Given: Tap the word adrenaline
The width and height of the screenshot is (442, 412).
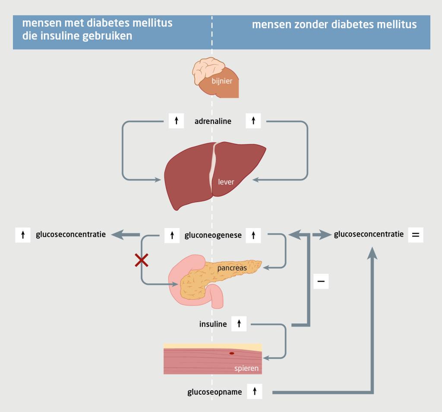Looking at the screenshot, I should (213, 121).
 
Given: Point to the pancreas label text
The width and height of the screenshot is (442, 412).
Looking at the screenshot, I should (235, 268).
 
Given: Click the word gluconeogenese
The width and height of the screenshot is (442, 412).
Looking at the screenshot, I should (213, 235).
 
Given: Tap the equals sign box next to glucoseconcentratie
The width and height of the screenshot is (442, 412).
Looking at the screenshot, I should (415, 235).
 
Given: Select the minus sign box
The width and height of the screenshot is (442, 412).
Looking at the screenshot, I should (321, 281).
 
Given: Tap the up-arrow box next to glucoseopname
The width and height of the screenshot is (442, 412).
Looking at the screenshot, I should (255, 392).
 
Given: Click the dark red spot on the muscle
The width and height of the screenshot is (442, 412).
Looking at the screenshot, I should (232, 353).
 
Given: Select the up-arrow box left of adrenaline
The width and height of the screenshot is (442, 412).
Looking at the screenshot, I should (176, 121).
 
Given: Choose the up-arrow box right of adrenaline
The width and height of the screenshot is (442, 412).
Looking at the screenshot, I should (253, 121).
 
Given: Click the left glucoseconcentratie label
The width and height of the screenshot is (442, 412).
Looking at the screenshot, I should (71, 235).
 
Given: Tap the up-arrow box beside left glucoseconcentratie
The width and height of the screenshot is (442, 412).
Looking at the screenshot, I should (22, 235).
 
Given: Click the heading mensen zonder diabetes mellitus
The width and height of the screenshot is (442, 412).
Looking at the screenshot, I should (334, 25).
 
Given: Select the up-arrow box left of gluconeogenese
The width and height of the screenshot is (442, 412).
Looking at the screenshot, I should (172, 235).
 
